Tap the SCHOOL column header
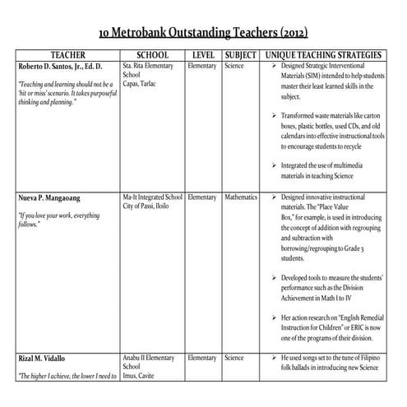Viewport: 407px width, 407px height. pyautogui.click(x=151, y=54)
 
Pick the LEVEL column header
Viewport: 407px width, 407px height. pyautogui.click(x=203, y=54)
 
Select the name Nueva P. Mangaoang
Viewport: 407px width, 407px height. pyautogui.click(x=56, y=198)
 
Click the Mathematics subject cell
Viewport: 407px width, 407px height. pyautogui.click(x=241, y=197)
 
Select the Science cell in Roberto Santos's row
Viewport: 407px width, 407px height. pyautogui.click(x=234, y=64)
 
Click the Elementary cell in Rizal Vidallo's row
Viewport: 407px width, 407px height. pyautogui.click(x=202, y=358)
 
